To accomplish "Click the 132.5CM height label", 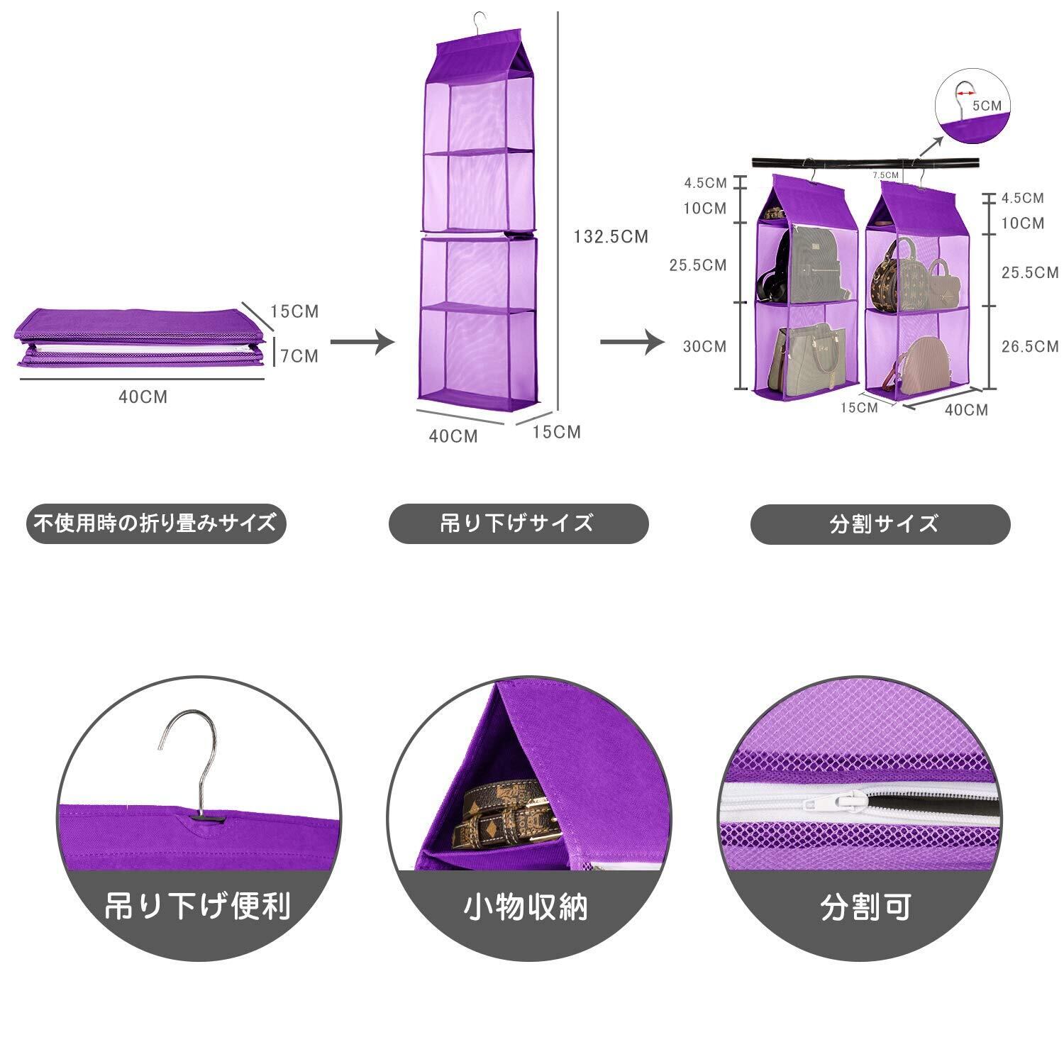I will pyautogui.click(x=611, y=237).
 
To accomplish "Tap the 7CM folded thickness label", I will pyautogui.click(x=299, y=355).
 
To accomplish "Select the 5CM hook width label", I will pyautogui.click(x=987, y=106).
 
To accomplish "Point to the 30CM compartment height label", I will pyautogui.click(x=704, y=346).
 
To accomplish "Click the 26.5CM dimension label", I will pyautogui.click(x=1029, y=346).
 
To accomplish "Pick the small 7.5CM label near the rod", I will pyautogui.click(x=885, y=174).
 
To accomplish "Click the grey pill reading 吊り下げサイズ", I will pyautogui.click(x=518, y=523).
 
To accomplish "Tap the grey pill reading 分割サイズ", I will pyautogui.click(x=880, y=524).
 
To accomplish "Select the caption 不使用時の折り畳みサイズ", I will pyautogui.click(x=155, y=523).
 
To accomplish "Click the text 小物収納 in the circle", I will pyautogui.click(x=526, y=907).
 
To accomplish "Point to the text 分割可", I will pyautogui.click(x=865, y=907).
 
